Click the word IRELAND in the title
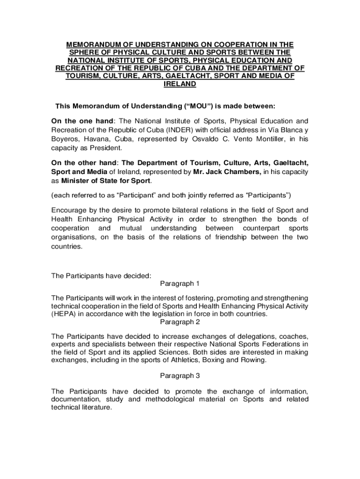[x=180, y=84]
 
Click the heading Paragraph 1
[x=180, y=284]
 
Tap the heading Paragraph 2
[x=180, y=322]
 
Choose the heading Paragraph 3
[x=180, y=376]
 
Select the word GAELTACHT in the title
[x=187, y=76]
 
